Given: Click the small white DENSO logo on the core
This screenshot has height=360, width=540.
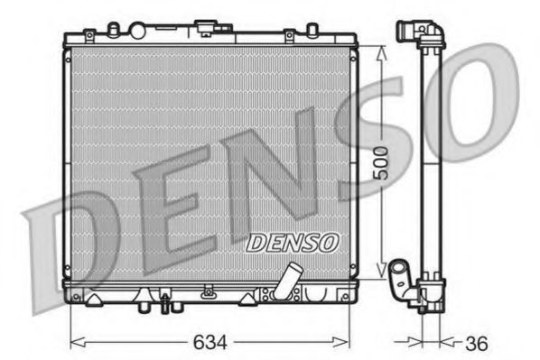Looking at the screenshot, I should [x=292, y=241].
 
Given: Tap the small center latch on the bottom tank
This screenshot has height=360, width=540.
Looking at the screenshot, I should [x=209, y=291].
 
